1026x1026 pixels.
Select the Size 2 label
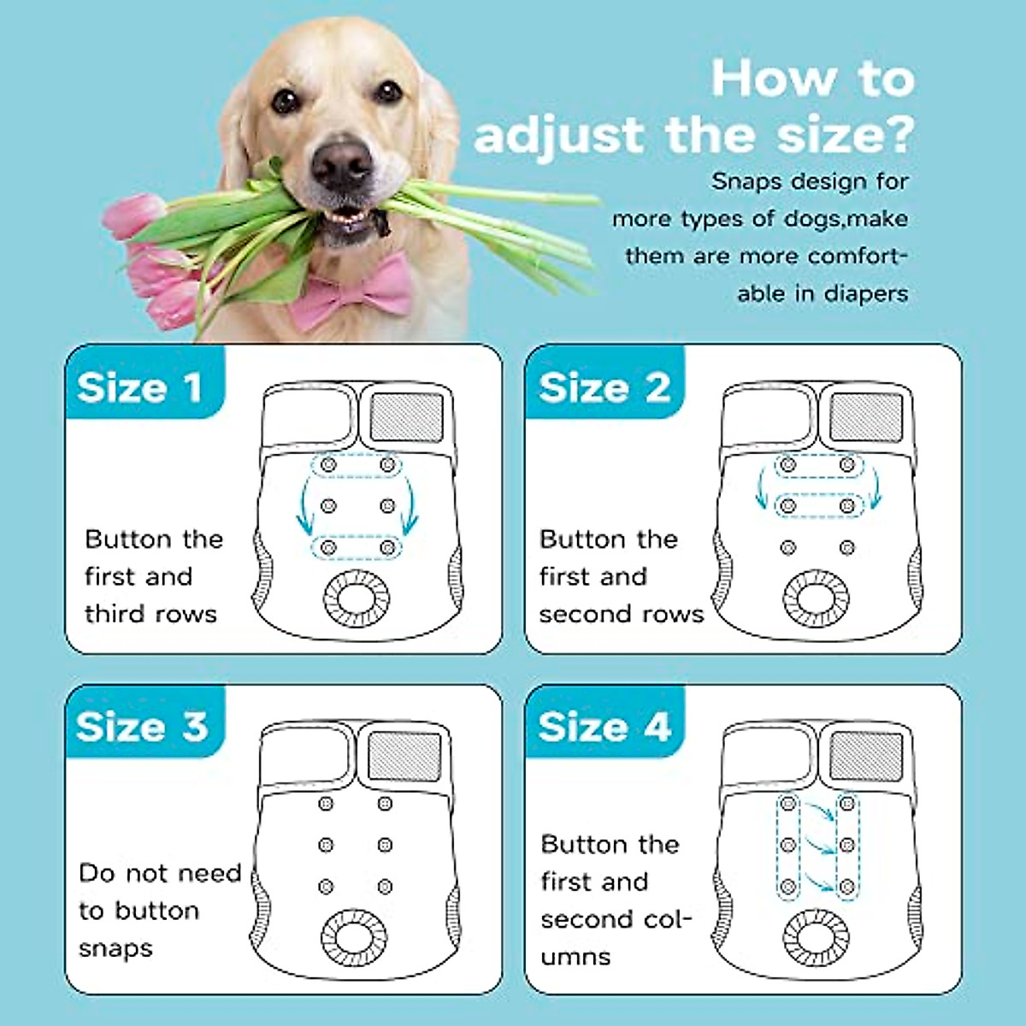[604, 387]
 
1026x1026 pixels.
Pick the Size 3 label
[142, 727]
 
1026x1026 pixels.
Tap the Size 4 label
[604, 727]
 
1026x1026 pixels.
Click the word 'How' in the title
[774, 79]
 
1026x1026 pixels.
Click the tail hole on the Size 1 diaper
[357, 596]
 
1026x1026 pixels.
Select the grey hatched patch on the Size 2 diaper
[867, 416]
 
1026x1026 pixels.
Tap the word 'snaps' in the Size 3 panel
[115, 948]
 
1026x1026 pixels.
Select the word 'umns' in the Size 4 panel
[575, 956]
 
